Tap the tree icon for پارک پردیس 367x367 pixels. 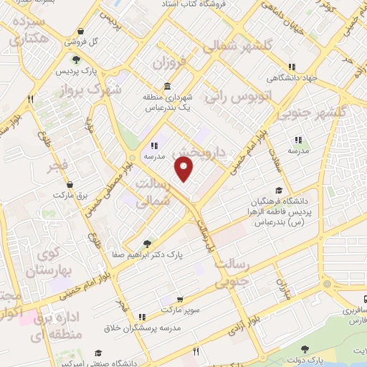pyautogui.click(x=76, y=59)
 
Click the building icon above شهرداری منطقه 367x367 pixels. pyautogui.click(x=167, y=87)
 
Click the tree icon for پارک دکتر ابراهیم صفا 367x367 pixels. pyautogui.click(x=148, y=243)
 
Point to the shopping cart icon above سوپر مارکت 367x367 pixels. pyautogui.click(x=180, y=300)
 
